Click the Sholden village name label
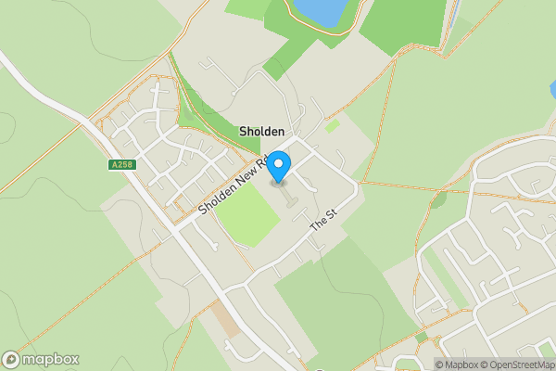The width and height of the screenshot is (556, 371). pos(262,133)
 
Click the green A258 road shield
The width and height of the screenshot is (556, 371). pos(119,165)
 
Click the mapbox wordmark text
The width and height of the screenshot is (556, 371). pos(51,359)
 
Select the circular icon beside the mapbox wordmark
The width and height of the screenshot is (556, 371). pos(11,359)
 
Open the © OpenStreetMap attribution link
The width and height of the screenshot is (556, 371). pos(517,365)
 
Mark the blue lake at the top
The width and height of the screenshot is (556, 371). pos(320,11)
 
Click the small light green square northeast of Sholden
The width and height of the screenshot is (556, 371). pos(332,125)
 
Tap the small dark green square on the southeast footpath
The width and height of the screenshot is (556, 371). pos(423,337)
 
